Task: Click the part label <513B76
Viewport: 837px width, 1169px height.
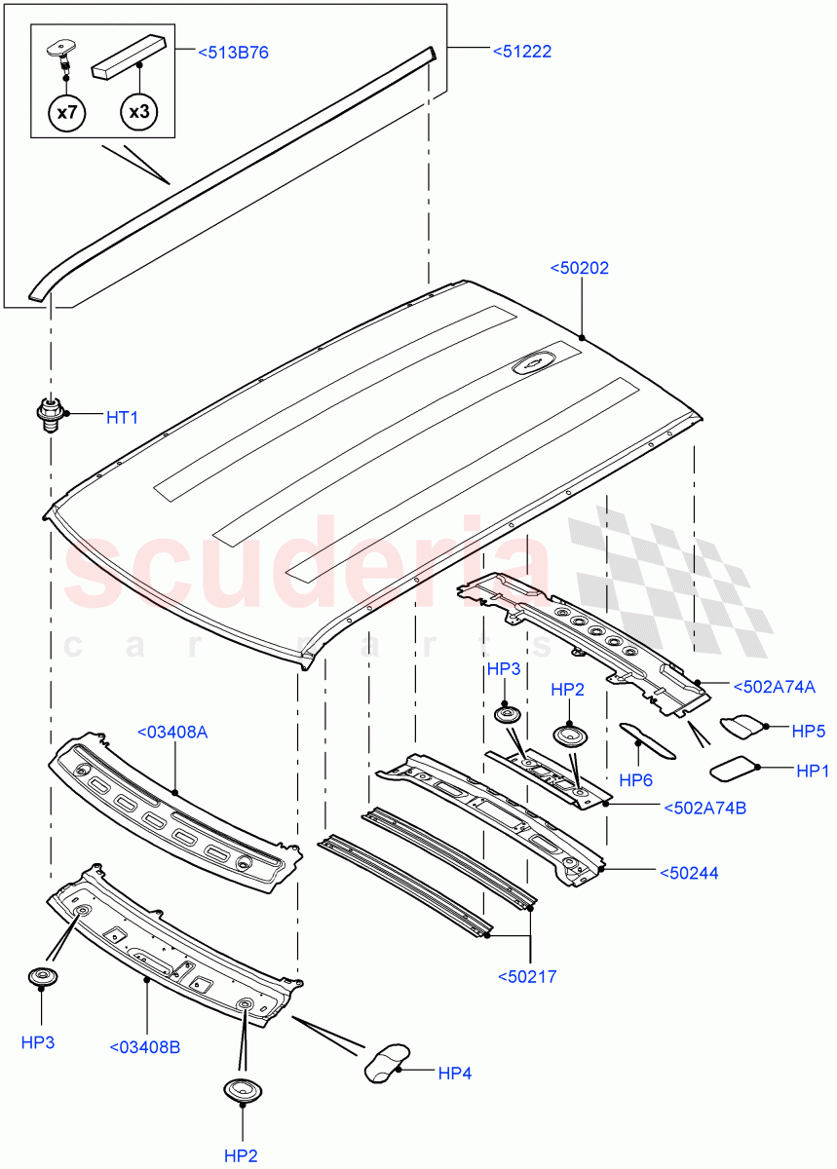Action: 233,52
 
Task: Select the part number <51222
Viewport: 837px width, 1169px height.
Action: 521,52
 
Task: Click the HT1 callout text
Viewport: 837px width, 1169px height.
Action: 122,417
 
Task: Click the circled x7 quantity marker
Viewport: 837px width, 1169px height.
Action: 66,112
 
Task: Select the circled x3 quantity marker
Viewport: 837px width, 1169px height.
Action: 139,112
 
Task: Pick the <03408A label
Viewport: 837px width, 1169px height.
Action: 173,732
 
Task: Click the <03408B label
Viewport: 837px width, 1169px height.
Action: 145,1047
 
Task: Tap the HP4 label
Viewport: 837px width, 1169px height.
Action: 454,1074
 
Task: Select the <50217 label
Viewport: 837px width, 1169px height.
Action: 527,976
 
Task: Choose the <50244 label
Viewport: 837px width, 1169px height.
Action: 689,873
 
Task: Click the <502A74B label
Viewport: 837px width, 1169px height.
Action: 704,807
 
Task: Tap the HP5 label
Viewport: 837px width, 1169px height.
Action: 809,728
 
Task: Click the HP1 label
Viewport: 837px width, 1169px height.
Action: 813,771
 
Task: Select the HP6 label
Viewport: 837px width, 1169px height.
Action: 636,779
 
